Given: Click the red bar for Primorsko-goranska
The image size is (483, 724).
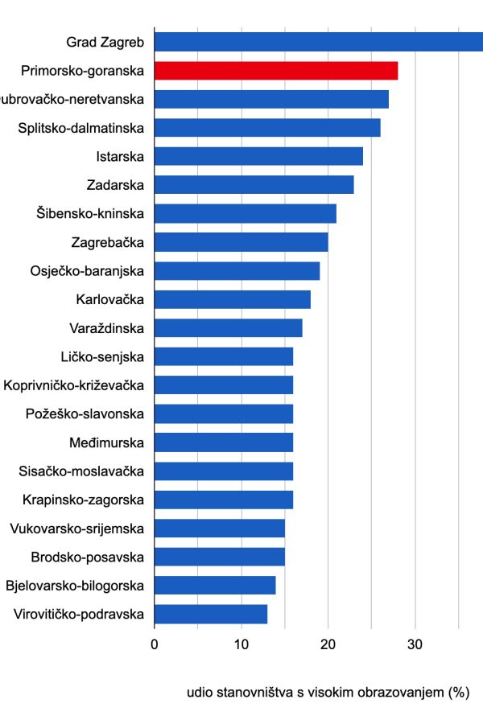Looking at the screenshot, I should click(275, 71).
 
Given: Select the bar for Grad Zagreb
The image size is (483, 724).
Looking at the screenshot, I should click(318, 42).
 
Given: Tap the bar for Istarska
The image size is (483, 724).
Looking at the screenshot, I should click(258, 156).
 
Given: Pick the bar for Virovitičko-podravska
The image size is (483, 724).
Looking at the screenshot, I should click(210, 615).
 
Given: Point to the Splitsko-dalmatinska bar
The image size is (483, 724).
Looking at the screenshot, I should click(266, 128).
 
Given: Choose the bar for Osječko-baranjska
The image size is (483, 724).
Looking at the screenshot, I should click(237, 271).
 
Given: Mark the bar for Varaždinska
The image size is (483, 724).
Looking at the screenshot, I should click(228, 328).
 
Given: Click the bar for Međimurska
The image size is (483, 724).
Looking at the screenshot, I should click(223, 442).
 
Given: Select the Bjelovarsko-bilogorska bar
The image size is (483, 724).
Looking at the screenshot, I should click(214, 586).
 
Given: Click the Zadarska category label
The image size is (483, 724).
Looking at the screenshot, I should click(115, 185).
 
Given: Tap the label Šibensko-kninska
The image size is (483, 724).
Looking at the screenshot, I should click(90, 214).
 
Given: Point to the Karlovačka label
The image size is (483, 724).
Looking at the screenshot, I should click(109, 300).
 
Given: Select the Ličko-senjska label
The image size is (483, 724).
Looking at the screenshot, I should click(102, 357).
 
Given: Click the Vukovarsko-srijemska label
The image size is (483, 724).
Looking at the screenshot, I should click(76, 529).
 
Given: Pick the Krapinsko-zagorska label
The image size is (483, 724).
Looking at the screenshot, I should click(84, 500).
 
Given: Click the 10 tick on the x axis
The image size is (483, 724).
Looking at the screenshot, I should click(241, 644).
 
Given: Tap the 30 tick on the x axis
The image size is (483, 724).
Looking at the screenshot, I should click(415, 644).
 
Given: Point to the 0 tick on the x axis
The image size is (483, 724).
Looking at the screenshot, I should click(154, 644).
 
